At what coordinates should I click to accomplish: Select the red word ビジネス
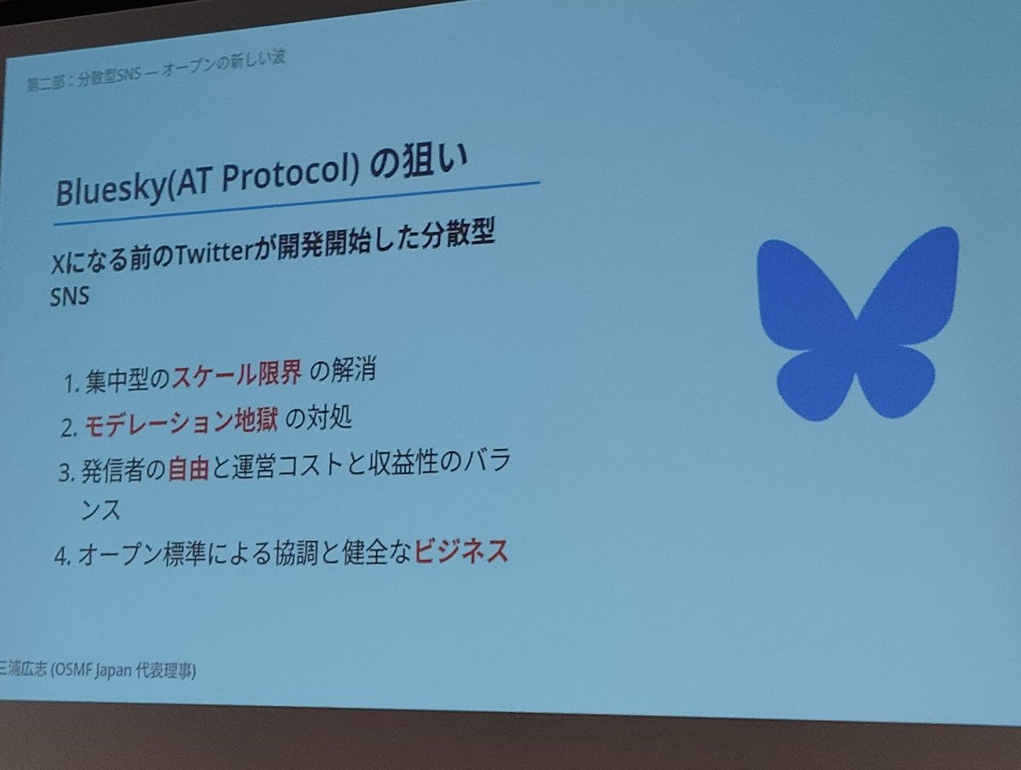[461, 553]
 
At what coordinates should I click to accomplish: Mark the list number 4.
[60, 556]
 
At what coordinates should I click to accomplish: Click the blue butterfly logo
[857, 324]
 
